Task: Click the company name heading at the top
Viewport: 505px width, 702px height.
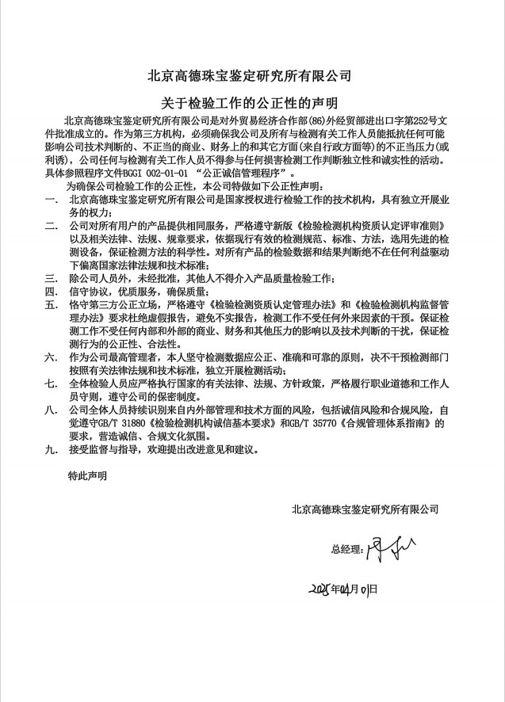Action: pos(250,77)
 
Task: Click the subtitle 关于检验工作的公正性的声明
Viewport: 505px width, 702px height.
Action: pos(250,103)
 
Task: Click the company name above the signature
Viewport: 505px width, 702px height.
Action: pos(365,509)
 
